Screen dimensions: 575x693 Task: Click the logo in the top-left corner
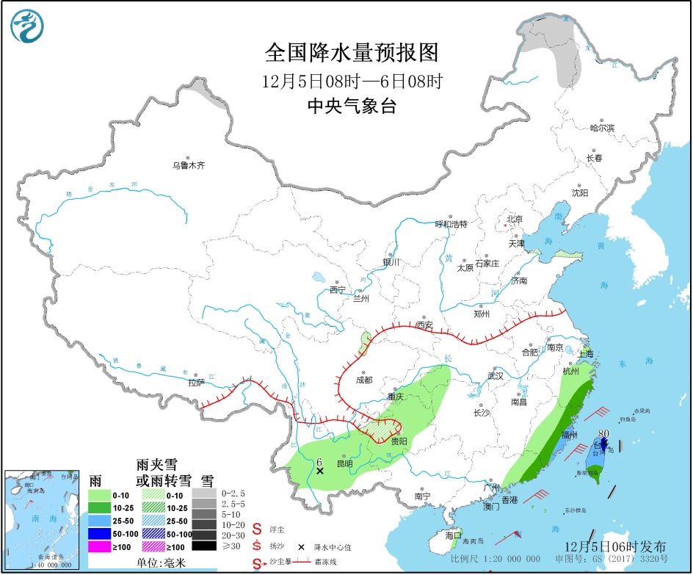pos(27,26)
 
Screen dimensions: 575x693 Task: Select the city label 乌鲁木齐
pos(189,166)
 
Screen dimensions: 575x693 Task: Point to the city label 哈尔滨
pos(601,128)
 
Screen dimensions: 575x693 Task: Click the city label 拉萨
pos(196,383)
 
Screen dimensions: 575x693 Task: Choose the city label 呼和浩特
pos(451,224)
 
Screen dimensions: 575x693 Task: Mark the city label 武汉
pos(496,376)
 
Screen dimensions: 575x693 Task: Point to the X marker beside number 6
pos(319,471)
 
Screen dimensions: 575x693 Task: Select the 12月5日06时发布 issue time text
pos(616,546)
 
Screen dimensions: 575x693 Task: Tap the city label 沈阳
pos(580,193)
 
